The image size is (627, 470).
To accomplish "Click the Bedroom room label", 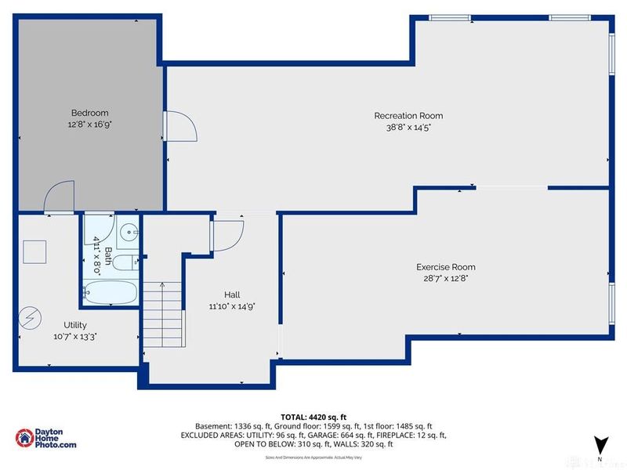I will pos(89,113).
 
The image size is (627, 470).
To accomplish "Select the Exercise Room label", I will pos(445,267).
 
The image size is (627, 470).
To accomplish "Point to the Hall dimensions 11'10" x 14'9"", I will pos(231,305).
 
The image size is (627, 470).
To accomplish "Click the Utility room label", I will pos(75,325).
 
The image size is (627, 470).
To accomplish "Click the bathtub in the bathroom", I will pos(111,294).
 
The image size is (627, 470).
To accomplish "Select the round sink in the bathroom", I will pos(129,232).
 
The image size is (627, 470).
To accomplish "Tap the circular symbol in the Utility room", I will pos(31,316).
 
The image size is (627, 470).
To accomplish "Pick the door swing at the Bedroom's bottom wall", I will pos(60,197).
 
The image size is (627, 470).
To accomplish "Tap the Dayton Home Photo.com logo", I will pos(47,438).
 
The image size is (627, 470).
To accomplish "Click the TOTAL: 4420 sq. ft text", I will pos(313,417).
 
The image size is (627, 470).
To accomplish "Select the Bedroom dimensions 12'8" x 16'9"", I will pos(89,124).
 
